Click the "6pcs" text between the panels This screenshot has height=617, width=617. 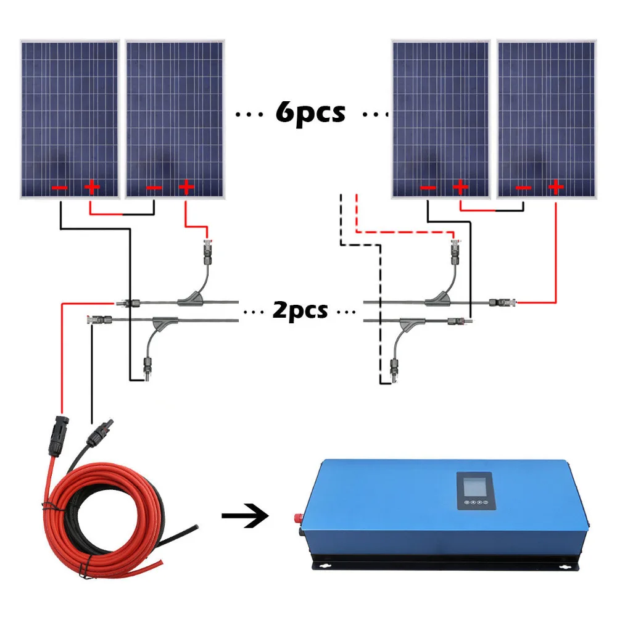(x=310, y=114)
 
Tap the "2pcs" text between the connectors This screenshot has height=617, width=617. (x=300, y=310)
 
